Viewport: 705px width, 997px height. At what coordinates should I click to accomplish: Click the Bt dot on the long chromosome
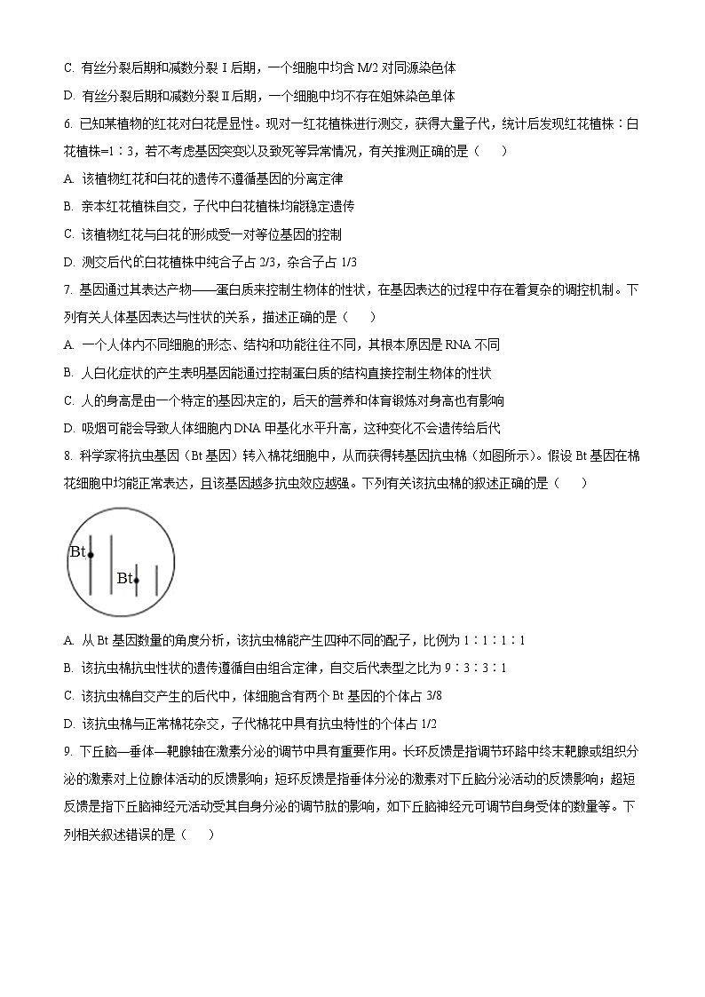tap(91, 555)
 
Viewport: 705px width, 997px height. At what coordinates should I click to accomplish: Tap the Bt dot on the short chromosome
tap(137, 581)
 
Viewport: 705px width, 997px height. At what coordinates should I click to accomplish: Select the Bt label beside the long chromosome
tap(77, 551)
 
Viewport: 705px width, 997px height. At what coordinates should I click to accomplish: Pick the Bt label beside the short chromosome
tap(124, 578)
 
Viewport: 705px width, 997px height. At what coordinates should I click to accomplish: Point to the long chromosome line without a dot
tap(111, 565)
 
